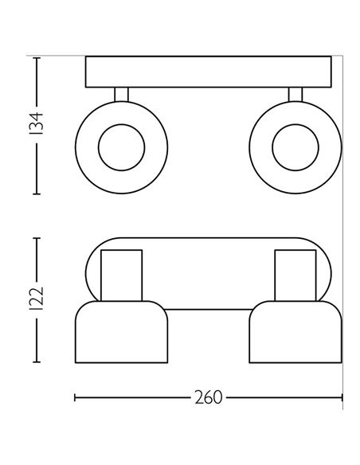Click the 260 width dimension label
(208, 396)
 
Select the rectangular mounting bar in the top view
(208, 72)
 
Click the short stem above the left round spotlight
(121, 95)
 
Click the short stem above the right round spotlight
(295, 95)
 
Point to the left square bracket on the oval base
(122, 274)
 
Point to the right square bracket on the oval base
(294, 274)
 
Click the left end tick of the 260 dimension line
(75, 396)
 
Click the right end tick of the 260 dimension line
(342, 396)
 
